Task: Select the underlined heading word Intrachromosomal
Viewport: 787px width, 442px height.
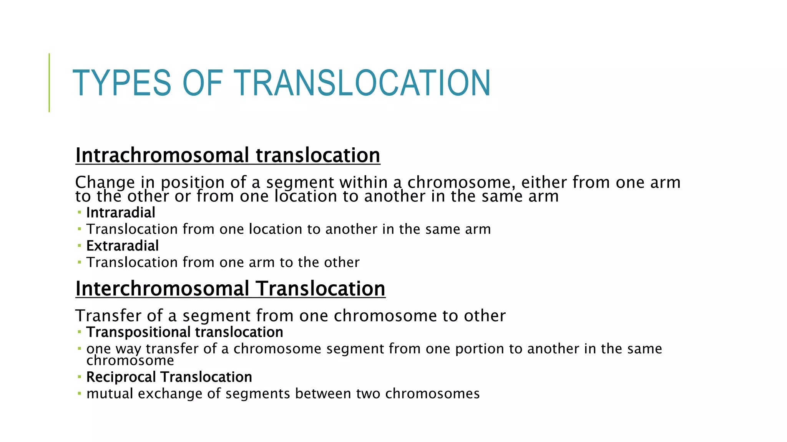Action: tap(162, 155)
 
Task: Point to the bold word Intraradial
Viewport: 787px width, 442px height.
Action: tap(121, 213)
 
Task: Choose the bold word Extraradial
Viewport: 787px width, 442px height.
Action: tap(122, 246)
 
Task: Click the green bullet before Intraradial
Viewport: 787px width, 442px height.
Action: tap(79, 212)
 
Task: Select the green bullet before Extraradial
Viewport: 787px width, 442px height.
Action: tap(79, 245)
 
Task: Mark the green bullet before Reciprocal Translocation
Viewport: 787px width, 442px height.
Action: tap(79, 377)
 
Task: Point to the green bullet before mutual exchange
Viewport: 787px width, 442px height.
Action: tap(79, 393)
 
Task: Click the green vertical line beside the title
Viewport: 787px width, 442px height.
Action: tap(49, 82)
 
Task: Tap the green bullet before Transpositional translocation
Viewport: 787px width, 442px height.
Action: tap(79, 332)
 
